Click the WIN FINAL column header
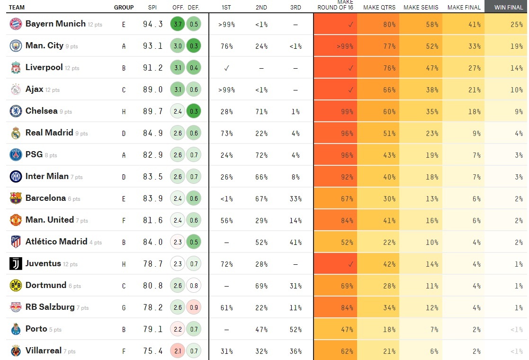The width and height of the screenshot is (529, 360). (x=509, y=8)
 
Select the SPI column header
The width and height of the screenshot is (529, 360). (x=152, y=8)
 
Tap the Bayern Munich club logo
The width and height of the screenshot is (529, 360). (x=16, y=24)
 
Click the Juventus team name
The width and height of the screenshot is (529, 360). (x=43, y=263)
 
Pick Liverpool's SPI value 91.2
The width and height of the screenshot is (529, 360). (x=152, y=68)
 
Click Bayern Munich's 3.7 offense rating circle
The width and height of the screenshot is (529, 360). (x=178, y=24)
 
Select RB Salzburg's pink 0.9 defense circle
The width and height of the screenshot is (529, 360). (x=193, y=307)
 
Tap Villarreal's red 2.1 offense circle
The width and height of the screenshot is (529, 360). (x=178, y=351)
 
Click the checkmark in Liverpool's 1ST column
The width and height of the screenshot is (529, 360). (x=226, y=68)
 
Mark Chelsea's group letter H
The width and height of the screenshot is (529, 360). (x=124, y=111)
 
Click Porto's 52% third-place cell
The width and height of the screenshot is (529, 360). (x=296, y=329)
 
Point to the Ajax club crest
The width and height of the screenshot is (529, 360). (x=16, y=90)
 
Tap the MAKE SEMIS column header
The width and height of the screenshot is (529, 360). (x=421, y=8)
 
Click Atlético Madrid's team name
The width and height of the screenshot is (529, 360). (x=56, y=242)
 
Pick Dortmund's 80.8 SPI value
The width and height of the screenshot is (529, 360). (x=152, y=286)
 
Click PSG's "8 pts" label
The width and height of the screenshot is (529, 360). (x=51, y=155)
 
